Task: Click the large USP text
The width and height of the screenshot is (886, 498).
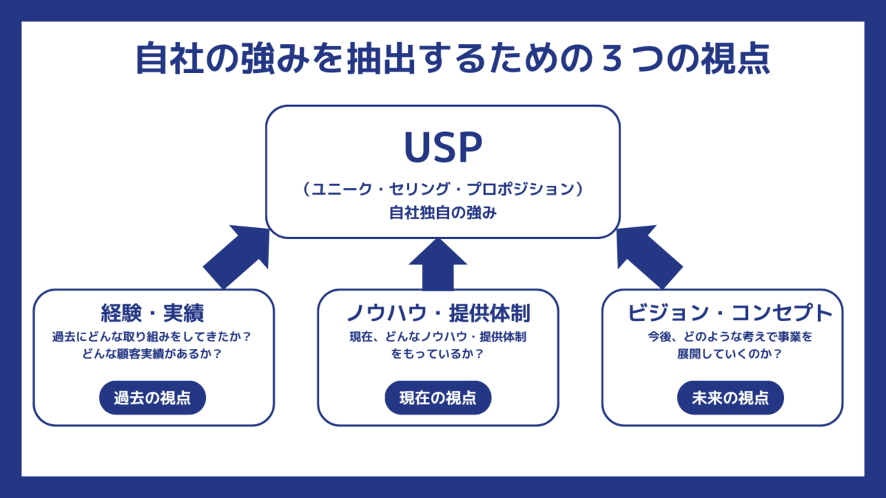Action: tap(443, 147)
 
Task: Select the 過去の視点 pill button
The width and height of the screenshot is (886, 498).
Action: tap(152, 398)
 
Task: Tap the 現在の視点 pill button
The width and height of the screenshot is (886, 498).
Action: tap(438, 398)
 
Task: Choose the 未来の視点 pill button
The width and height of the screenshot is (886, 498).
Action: tap(730, 398)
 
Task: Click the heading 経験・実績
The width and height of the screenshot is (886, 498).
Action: tap(152, 313)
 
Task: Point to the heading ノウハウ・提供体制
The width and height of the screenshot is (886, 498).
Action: tap(438, 313)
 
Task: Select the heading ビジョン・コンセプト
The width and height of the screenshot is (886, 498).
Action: tap(730, 313)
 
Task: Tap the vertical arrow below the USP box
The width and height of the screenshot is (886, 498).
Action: tap(438, 264)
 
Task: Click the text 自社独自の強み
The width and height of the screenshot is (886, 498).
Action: tap(443, 212)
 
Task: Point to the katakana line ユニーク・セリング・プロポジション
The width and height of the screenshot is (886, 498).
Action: tap(443, 189)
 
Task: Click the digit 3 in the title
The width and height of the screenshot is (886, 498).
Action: tap(611, 58)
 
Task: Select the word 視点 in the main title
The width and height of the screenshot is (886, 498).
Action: tap(735, 58)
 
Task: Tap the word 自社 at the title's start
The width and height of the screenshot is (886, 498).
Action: tap(170, 58)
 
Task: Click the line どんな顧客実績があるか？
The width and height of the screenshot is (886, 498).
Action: tap(152, 353)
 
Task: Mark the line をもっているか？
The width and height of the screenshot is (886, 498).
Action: tap(437, 353)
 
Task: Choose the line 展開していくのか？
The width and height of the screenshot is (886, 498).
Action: tap(729, 353)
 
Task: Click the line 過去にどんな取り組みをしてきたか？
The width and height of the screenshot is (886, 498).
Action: tap(152, 336)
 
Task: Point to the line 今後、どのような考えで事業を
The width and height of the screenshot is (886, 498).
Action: tap(729, 336)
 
